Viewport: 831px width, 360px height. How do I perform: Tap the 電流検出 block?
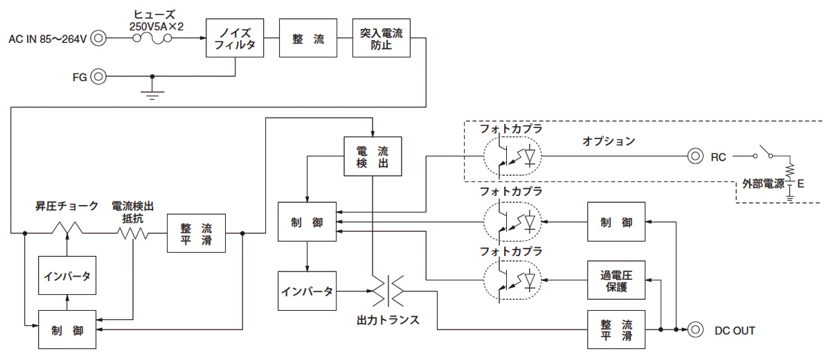373,156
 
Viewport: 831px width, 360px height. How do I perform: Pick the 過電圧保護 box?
616,280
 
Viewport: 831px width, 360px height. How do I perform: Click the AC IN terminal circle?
98,38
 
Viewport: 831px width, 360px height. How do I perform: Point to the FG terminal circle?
98,76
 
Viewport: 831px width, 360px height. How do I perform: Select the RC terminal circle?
695,156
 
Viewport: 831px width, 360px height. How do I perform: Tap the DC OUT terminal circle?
695,330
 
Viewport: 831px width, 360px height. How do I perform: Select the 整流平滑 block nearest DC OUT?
616,330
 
